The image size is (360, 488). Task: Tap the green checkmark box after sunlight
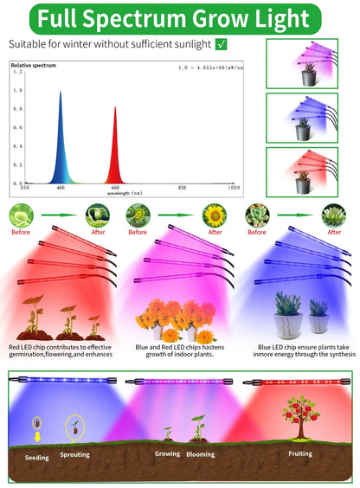point(222,43)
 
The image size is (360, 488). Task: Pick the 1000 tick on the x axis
point(233,187)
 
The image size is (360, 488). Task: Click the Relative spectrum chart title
point(32,64)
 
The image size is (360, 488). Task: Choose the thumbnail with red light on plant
point(301,170)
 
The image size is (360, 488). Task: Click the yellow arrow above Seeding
point(37,437)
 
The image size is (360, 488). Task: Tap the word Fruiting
point(299,452)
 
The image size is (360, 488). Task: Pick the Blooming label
point(200,453)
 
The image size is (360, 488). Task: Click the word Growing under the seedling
point(167,453)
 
